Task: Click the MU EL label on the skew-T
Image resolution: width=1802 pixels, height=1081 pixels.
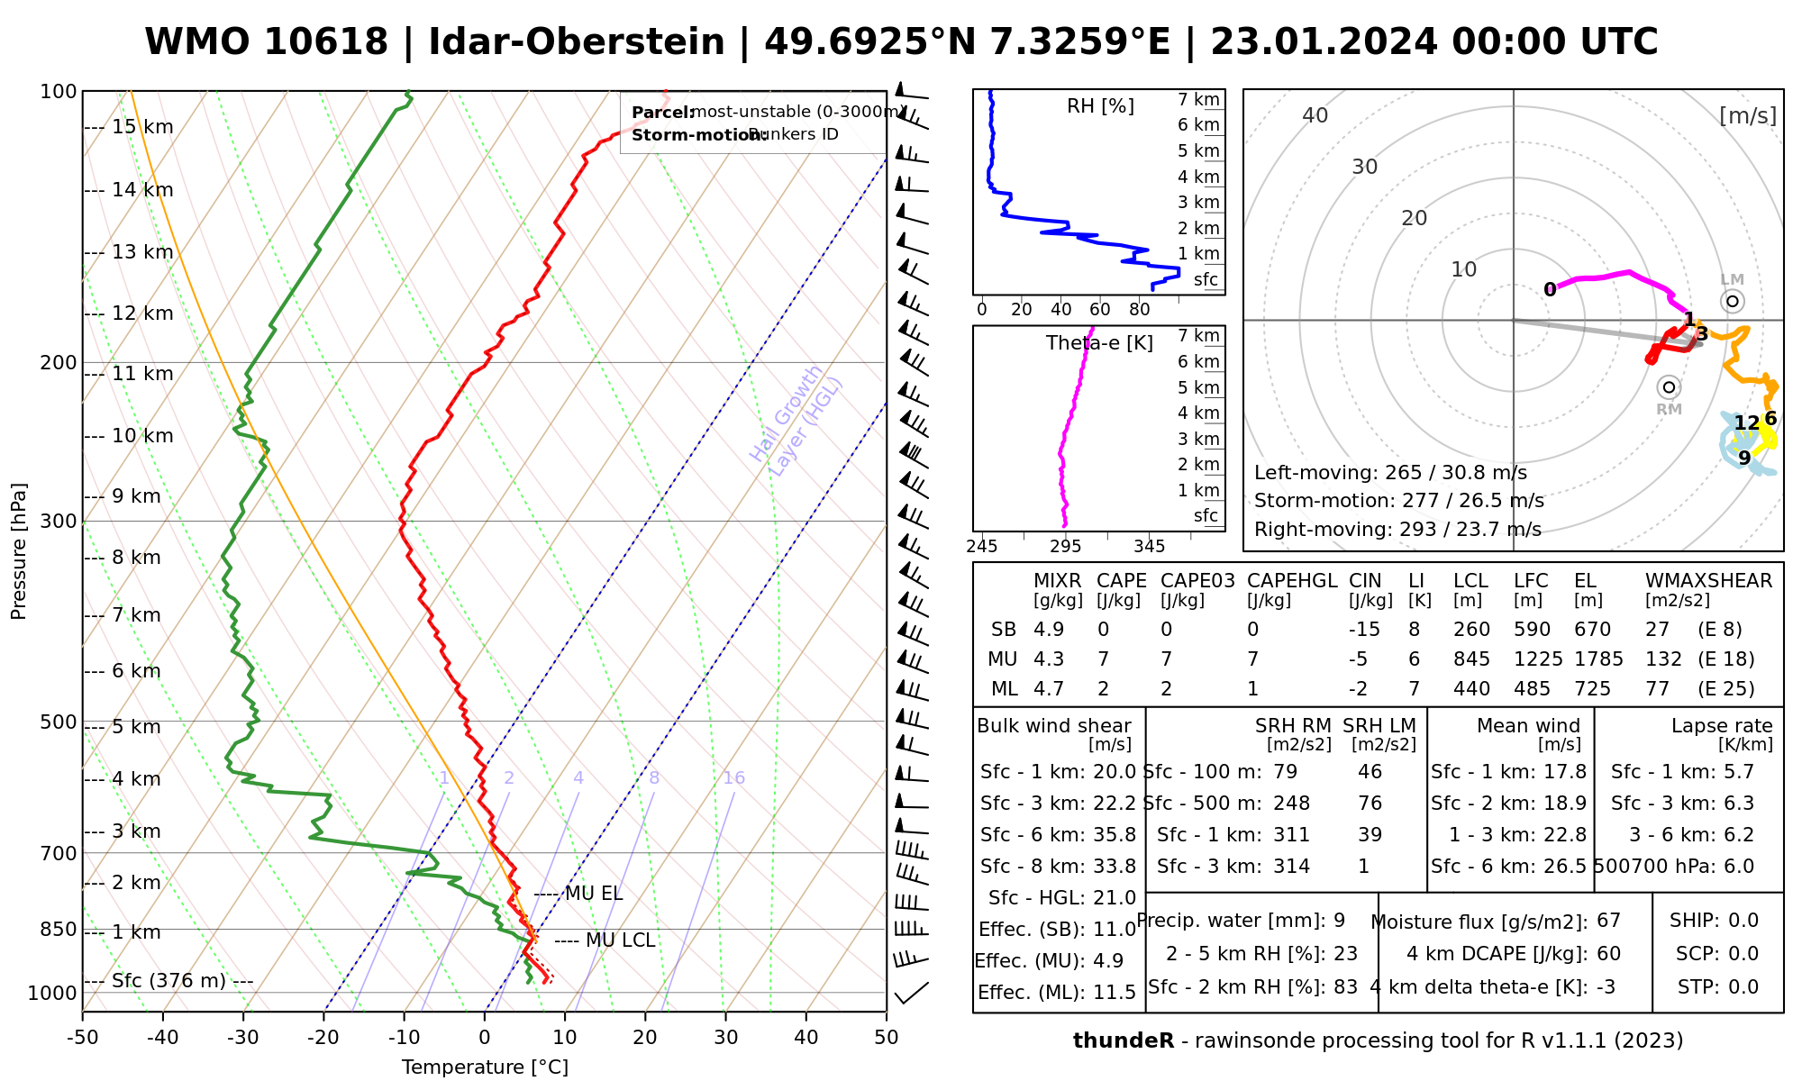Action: point(594,894)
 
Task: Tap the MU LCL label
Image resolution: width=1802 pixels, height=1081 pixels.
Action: point(620,940)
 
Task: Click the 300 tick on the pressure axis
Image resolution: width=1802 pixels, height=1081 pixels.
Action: point(59,521)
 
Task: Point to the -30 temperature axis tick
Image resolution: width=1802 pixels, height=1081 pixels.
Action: point(243,1038)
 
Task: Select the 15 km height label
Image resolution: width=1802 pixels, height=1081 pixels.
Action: point(142,127)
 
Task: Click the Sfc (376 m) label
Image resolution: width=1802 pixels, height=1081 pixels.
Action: point(168,980)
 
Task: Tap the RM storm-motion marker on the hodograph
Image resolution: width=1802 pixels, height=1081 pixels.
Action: point(1669,387)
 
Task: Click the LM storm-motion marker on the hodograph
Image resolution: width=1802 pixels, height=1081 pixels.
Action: point(1732,301)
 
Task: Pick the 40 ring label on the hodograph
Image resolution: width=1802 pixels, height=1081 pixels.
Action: point(1315,115)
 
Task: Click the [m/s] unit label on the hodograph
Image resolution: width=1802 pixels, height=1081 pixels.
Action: point(1747,115)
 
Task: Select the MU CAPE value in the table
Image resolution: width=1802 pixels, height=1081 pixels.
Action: point(1103,659)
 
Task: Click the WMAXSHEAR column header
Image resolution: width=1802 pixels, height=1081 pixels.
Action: point(1708,581)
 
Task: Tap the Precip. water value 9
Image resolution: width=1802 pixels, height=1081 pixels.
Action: point(1339,921)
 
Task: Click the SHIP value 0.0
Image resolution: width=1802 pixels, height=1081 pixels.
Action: point(1743,921)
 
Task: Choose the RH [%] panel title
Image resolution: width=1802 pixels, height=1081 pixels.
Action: point(1100,106)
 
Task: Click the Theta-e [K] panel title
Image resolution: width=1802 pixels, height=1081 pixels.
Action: point(1099,343)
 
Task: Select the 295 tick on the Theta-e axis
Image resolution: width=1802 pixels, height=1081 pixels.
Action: point(1066,546)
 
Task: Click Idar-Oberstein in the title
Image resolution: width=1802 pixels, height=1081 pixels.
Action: point(577,42)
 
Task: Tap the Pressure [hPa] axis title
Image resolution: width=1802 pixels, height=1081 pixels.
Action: point(19,551)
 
